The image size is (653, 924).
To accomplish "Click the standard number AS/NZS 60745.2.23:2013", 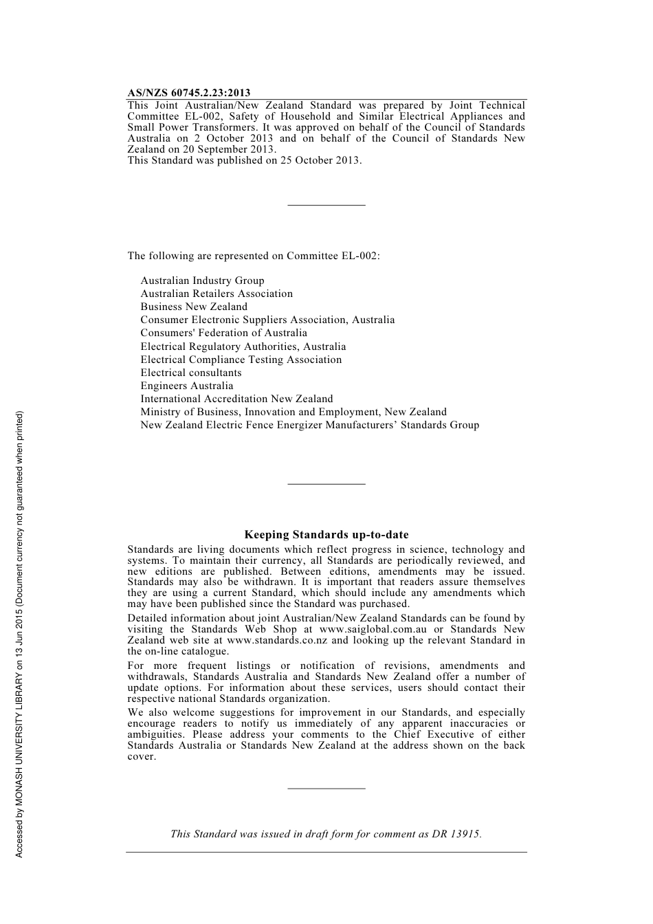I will (189, 93).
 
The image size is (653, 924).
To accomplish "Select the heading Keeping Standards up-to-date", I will (326, 535).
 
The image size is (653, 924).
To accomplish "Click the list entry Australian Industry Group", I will (202, 280).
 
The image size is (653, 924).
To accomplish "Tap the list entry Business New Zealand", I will (194, 307).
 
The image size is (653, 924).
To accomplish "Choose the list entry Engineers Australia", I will (187, 386).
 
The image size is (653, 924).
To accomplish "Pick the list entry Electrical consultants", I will (191, 373).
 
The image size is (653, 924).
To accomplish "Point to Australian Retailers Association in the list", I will (217, 294).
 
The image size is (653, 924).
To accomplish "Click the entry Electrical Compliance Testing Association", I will (241, 360).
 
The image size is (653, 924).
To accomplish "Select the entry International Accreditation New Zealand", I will (236, 399).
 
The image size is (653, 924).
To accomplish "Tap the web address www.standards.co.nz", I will (277, 640).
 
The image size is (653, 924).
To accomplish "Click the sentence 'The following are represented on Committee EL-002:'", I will (254, 256).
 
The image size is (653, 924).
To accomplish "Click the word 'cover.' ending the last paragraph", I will (142, 757).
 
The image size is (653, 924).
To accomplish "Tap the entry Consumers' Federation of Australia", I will (224, 333).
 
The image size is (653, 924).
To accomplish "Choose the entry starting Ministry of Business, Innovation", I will (294, 412).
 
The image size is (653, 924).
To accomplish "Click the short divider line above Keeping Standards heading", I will (326, 484).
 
